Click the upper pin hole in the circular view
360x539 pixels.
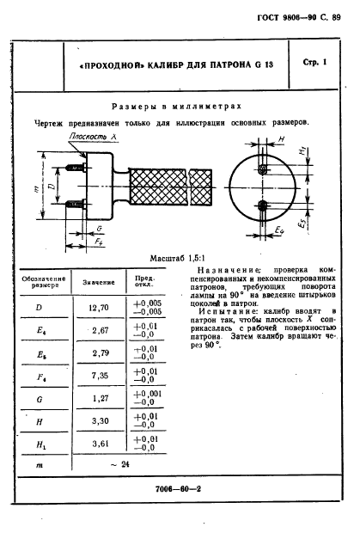coord(263,169)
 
